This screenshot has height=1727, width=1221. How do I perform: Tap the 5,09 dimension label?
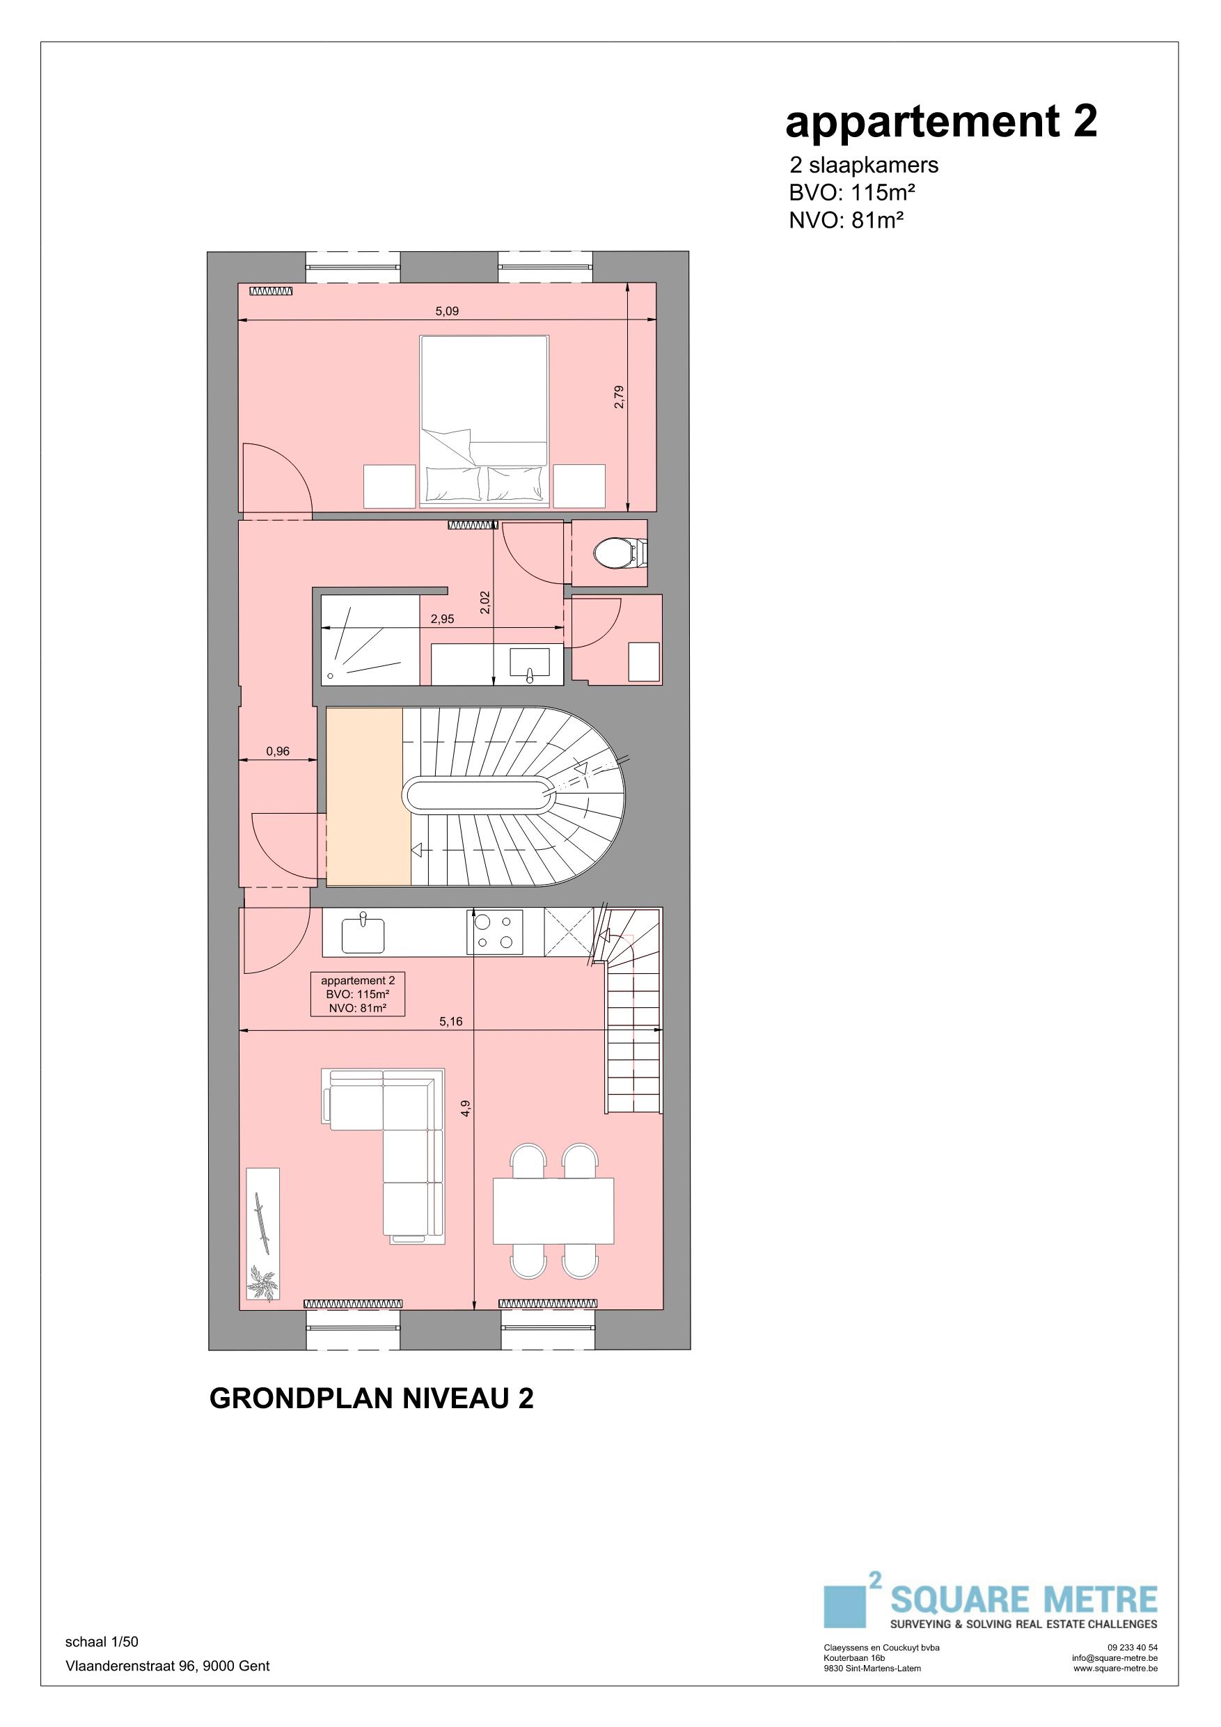(447, 310)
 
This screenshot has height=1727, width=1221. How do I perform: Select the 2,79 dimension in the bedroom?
(618, 397)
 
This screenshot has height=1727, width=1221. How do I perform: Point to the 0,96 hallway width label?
(278, 750)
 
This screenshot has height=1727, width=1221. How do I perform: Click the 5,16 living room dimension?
(451, 1021)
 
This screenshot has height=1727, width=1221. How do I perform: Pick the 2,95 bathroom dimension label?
(442, 619)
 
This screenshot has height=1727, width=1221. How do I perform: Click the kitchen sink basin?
(363, 934)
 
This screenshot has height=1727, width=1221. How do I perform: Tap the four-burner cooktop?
(495, 933)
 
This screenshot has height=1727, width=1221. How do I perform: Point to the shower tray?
(370, 640)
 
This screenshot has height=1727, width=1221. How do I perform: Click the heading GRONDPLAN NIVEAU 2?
(372, 1398)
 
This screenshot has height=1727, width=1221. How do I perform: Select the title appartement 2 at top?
(941, 122)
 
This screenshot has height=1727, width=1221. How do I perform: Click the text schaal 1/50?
(102, 1642)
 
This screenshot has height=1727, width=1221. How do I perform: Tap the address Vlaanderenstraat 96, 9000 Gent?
(168, 1666)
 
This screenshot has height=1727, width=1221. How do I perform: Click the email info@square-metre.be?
(1115, 1658)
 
